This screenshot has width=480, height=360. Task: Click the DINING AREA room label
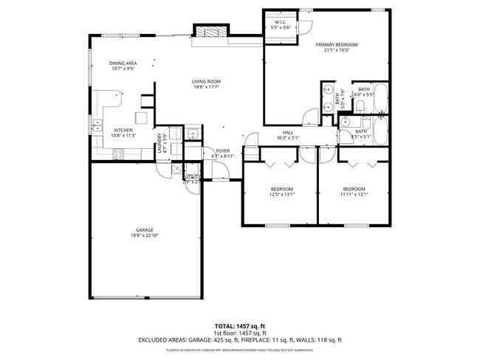coord(123,63)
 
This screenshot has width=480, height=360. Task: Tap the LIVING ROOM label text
coord(207,81)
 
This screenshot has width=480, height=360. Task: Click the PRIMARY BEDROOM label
coord(337,45)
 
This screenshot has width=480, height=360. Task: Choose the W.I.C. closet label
coord(281,22)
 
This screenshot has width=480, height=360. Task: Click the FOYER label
coord(222,150)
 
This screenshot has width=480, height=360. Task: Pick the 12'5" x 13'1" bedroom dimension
coord(281,195)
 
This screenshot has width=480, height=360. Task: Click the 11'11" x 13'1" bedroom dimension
coord(353,195)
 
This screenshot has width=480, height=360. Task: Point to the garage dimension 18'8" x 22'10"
coord(144,235)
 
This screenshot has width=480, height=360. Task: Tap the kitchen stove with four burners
coord(117,153)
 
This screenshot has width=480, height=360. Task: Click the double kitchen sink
coord(95,123)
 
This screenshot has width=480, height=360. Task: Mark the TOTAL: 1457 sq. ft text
coord(240,325)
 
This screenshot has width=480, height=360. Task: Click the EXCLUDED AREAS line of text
coord(240,340)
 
